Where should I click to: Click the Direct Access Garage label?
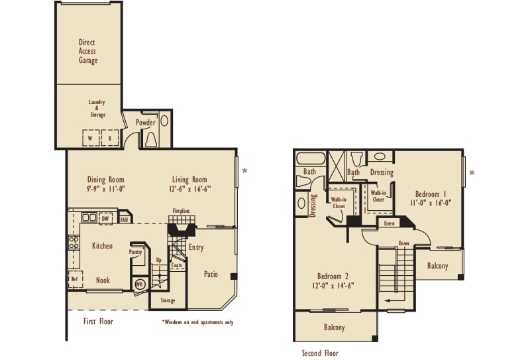[87, 52]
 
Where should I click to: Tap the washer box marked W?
[91, 138]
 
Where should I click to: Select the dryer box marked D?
[110, 138]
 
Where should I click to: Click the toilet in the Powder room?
[151, 139]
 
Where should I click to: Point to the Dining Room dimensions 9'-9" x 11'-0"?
[106, 189]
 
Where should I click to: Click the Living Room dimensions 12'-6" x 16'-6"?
[190, 189]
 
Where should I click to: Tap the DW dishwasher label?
[105, 219]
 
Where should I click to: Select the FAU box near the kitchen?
[125, 220]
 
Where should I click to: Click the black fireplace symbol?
[182, 229]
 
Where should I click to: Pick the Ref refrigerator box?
[75, 279]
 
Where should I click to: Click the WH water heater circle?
[139, 284]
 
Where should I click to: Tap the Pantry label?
[136, 252]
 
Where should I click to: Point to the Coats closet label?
[177, 265]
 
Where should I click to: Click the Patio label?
[211, 274]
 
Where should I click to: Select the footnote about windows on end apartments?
[198, 322]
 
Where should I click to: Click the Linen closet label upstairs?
[389, 223]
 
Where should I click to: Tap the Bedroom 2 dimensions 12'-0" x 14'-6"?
[333, 286]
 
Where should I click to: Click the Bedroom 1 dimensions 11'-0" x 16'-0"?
[431, 203]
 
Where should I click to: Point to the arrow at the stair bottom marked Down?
[392, 300]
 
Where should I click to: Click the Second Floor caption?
[320, 353]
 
